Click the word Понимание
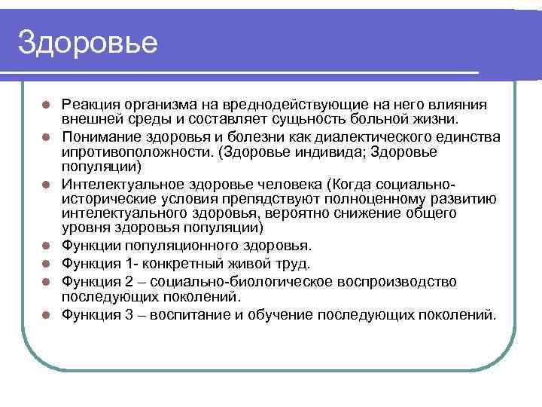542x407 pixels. [x=100, y=135]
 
